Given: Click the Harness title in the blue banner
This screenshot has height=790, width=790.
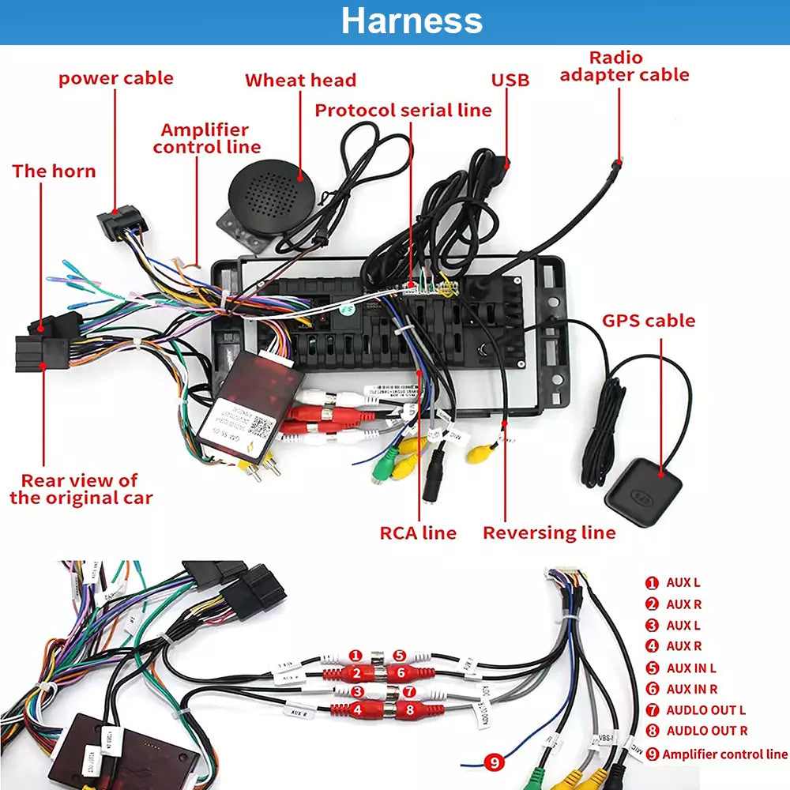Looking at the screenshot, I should (412, 21).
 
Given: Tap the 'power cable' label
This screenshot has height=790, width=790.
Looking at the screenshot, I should (115, 78).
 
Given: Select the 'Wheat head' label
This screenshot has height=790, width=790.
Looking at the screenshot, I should (300, 81).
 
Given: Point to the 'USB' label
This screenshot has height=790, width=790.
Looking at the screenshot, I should (510, 81).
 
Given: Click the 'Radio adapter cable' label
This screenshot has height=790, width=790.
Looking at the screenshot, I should (624, 66).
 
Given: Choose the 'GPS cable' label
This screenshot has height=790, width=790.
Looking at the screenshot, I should (649, 321).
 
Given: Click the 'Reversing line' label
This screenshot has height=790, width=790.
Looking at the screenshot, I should (549, 532).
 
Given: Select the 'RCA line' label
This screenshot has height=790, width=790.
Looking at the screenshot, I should (418, 532).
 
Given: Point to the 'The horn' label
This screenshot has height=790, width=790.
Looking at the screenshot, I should (54, 171).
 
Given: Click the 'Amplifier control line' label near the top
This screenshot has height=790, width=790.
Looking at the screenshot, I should (206, 138).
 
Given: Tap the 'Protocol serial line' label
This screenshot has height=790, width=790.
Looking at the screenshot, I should (403, 111).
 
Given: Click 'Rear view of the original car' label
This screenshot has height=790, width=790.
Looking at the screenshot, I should (81, 489).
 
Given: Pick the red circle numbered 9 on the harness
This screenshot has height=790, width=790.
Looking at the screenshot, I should (495, 762).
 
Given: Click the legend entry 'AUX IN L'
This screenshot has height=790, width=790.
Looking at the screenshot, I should (690, 668).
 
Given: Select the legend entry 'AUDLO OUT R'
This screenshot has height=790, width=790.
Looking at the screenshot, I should (705, 732).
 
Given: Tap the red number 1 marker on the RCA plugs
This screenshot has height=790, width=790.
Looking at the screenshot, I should (355, 656).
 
